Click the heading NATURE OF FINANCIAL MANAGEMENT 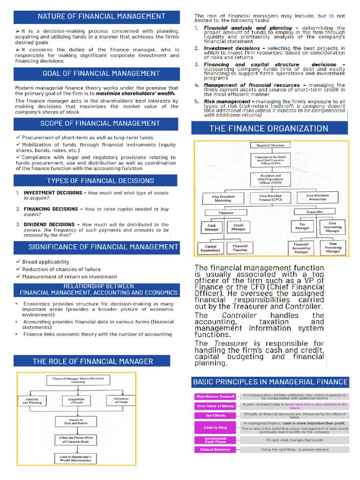click(x=101, y=16)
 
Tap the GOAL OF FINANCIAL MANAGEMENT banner click(x=101, y=73)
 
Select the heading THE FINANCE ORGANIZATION click(x=269, y=128)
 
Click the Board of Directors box click(x=270, y=145)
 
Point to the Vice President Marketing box click(x=223, y=198)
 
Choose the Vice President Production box click(x=318, y=197)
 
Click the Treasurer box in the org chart click(x=226, y=212)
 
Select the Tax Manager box click(x=302, y=226)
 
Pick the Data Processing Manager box click(x=333, y=247)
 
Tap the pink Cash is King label click(x=215, y=427)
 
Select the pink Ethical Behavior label click(x=215, y=450)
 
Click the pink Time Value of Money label click(x=215, y=406)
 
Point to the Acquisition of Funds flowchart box click(x=76, y=401)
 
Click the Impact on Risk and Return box click(x=76, y=422)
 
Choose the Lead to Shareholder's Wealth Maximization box click(x=76, y=459)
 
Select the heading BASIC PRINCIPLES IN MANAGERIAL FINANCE click(x=270, y=382)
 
